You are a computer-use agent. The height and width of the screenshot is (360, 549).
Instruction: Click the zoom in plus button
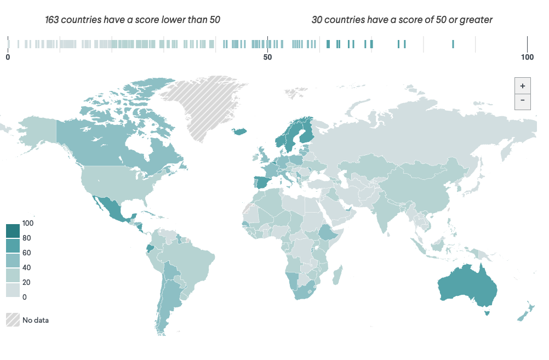(x=522, y=86)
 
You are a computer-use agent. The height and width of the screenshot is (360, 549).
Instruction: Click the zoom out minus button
(x=522, y=101)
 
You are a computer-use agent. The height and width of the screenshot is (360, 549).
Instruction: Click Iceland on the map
(x=240, y=131)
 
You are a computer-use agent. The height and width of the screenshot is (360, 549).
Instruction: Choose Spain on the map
(x=262, y=182)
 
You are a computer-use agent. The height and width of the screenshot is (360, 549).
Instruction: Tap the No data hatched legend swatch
(x=13, y=320)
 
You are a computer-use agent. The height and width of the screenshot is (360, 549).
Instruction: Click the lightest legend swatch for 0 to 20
(x=13, y=290)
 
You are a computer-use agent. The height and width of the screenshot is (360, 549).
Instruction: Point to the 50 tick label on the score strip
(x=267, y=57)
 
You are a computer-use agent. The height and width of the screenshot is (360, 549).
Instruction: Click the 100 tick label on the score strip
(x=527, y=57)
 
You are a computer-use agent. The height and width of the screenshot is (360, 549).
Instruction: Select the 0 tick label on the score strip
(x=8, y=57)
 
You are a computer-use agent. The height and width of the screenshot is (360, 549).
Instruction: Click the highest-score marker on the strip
(x=453, y=44)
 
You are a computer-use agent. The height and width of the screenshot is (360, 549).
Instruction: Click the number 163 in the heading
(x=53, y=20)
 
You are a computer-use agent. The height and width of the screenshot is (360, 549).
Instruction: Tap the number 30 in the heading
(x=317, y=20)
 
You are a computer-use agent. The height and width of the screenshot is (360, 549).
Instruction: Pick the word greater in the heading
(x=477, y=20)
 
